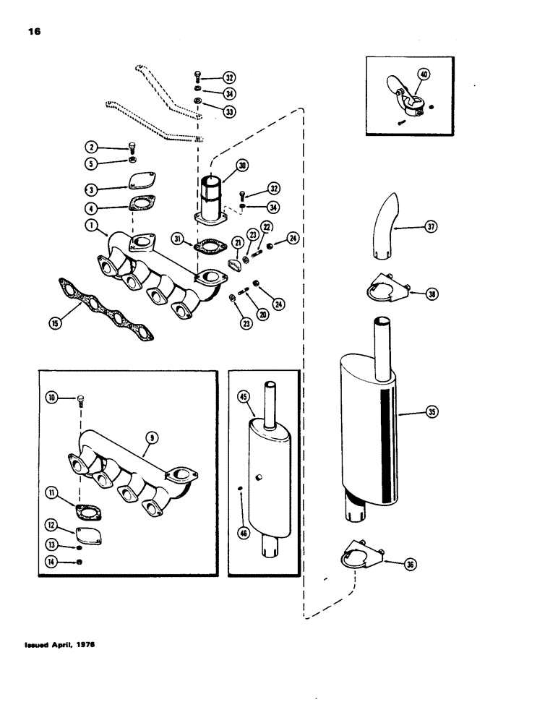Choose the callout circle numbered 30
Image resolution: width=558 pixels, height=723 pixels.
click(x=243, y=166)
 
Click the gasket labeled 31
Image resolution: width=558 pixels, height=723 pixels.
click(x=210, y=247)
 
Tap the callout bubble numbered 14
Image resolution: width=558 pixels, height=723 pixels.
click(x=54, y=562)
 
